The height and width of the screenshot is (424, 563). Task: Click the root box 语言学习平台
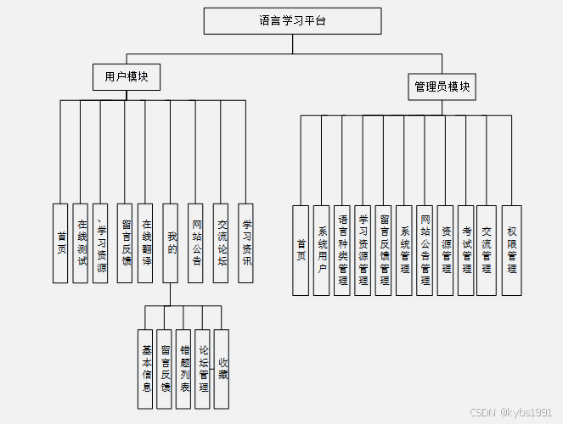click(x=292, y=20)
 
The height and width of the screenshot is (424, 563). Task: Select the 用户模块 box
click(x=127, y=77)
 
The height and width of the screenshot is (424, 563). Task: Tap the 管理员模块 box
click(x=442, y=86)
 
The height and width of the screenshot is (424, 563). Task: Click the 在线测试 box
click(x=81, y=243)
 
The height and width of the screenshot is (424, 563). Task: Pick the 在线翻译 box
click(x=145, y=243)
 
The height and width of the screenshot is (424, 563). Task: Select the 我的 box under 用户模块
click(x=170, y=243)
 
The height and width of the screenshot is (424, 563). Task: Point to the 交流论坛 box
click(x=221, y=243)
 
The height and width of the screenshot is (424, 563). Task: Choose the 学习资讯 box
click(x=246, y=243)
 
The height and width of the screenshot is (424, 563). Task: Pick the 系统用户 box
click(x=321, y=250)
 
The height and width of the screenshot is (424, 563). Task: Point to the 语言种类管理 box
click(x=342, y=250)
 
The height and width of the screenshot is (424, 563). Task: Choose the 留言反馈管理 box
click(x=384, y=250)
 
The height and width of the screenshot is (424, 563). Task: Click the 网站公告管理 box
click(x=425, y=250)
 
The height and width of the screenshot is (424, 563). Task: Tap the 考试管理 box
click(x=466, y=250)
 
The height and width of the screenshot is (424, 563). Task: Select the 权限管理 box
click(x=511, y=250)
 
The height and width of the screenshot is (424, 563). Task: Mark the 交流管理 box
click(x=486, y=250)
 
